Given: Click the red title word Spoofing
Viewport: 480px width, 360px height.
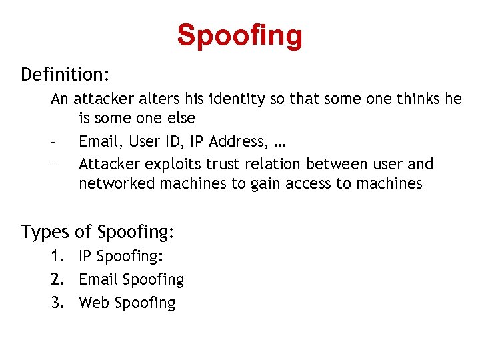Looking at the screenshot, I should click(x=239, y=36).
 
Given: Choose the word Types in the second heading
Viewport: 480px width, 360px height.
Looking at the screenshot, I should click(x=45, y=232).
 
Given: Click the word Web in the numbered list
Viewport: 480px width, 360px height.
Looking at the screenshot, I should click(x=94, y=303).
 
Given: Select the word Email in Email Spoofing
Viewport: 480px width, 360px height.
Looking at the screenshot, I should click(x=99, y=279).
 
